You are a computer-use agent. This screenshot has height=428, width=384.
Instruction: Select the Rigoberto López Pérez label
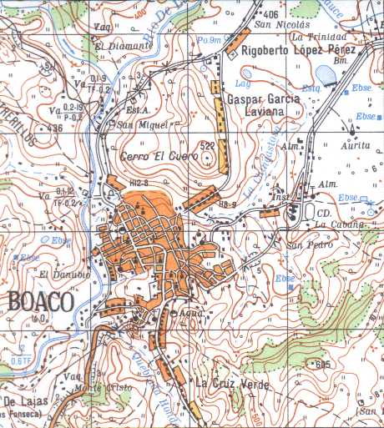[x=298, y=51]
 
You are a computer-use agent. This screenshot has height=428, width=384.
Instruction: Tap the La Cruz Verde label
[x=225, y=383]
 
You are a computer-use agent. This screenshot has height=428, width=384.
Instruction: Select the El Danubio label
[x=64, y=274]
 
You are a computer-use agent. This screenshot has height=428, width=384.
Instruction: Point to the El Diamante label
[x=124, y=46]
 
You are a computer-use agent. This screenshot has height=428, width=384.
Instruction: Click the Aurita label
[x=354, y=144]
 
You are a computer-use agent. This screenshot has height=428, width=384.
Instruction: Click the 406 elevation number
[x=269, y=15]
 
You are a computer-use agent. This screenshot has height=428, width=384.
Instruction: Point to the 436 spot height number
[x=56, y=128]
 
